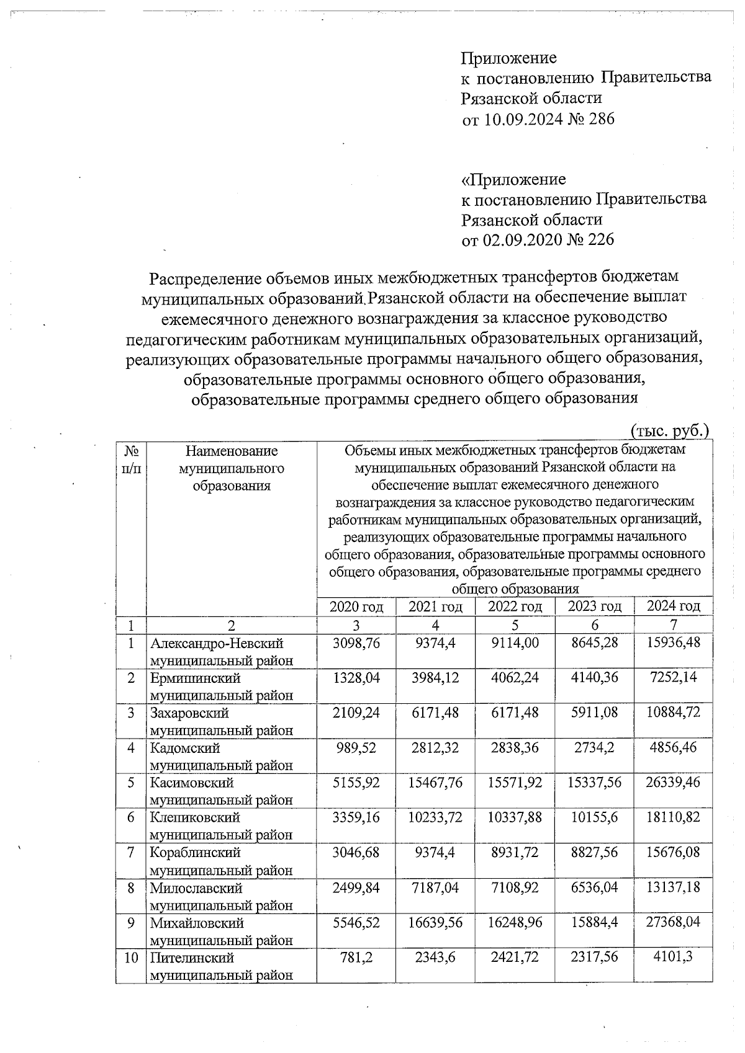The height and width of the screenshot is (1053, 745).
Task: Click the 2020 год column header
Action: coord(356,606)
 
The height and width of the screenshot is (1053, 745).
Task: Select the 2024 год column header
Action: coord(674,606)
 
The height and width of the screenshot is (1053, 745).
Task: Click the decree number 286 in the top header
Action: coord(600,119)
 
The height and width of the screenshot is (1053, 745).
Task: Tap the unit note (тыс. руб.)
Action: coord(669,430)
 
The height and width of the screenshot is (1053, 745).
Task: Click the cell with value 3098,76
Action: coord(356,643)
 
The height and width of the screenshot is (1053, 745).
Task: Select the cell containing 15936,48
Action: coord(674,643)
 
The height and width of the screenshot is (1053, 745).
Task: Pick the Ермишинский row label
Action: coord(195,678)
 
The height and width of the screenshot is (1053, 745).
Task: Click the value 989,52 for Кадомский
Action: coord(356,748)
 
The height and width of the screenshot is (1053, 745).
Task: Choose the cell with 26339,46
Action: coord(674,783)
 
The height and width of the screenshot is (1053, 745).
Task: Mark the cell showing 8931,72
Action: coord(515,853)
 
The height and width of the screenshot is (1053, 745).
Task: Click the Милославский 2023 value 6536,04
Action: coord(595,887)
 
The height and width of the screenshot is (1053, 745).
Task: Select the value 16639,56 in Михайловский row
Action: coord(435,922)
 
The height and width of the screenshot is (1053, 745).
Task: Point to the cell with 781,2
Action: coord(356,957)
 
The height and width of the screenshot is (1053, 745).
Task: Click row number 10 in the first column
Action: coord(130,957)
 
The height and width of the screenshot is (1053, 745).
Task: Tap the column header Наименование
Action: coord(231,451)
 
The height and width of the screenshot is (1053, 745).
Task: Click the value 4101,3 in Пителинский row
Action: coord(674,957)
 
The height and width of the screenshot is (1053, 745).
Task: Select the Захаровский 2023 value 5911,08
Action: coord(595,713)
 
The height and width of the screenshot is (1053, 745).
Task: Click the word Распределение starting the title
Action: coord(204,277)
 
